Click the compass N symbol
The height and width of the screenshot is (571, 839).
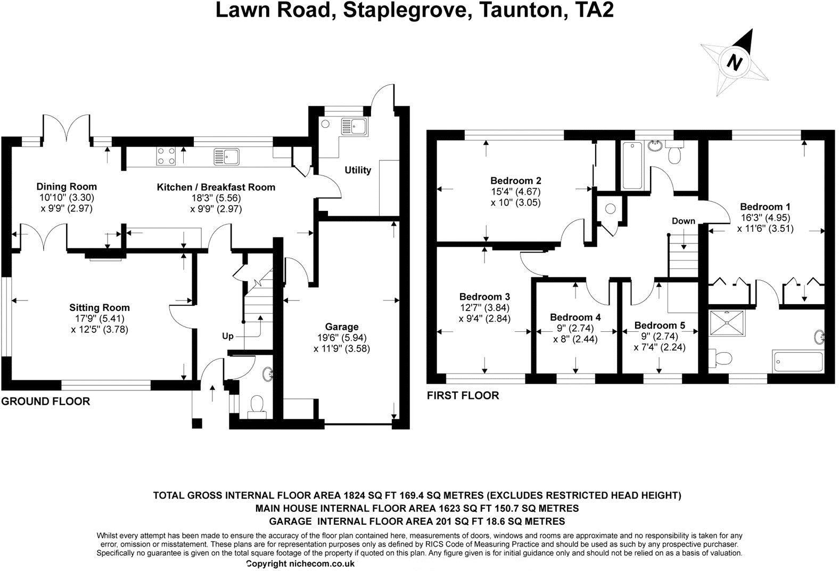tap(735, 62)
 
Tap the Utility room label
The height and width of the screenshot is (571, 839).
tap(358, 170)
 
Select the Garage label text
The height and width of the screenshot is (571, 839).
tap(342, 327)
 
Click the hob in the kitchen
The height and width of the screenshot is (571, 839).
tap(166, 156)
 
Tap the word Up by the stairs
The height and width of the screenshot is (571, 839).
tap(228, 337)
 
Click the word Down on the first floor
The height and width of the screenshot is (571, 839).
tap(683, 221)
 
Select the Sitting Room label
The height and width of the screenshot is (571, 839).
tap(100, 308)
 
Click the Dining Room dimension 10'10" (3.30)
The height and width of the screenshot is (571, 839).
tap(67, 197)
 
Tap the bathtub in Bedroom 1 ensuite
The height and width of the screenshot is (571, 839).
tap(797, 362)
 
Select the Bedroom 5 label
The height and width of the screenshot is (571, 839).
tap(660, 325)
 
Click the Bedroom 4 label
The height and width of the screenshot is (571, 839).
tap(575, 317)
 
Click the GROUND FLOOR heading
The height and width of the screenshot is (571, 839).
tap(46, 402)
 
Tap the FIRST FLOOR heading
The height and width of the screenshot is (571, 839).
tap(463, 396)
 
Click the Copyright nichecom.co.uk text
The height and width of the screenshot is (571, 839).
tap(301, 564)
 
